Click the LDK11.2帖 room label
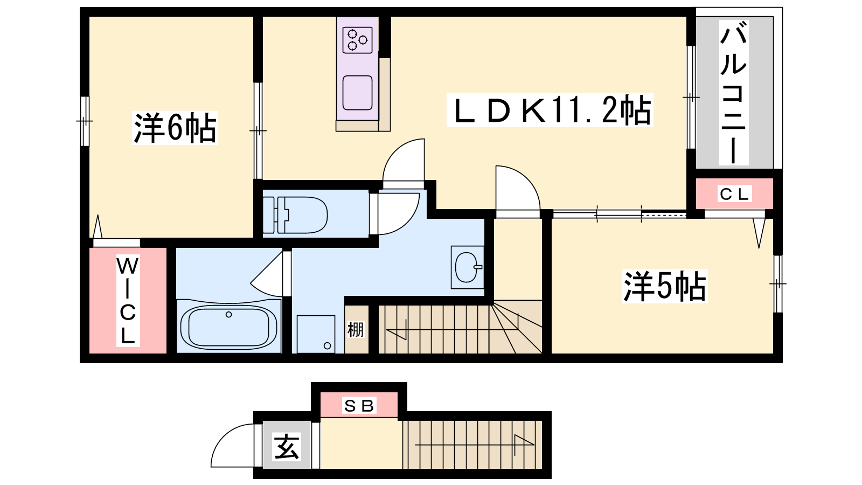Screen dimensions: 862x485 click(550, 110)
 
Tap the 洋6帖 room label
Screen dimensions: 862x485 click(175, 128)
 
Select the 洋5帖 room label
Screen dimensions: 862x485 click(665, 286)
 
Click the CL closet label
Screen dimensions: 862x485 click(734, 193)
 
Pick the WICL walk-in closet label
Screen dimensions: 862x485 click(128, 300)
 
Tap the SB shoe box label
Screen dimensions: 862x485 click(359, 406)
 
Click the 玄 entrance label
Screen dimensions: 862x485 click(287, 447)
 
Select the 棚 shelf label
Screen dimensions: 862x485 click(355, 329)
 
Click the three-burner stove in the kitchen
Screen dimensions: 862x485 click(358, 40)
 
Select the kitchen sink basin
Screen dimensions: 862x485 click(358, 93)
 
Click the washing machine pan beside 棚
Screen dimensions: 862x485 click(316, 334)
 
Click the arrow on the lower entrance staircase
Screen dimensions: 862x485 click(475, 445)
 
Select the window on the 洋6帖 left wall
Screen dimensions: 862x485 click(85, 121)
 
